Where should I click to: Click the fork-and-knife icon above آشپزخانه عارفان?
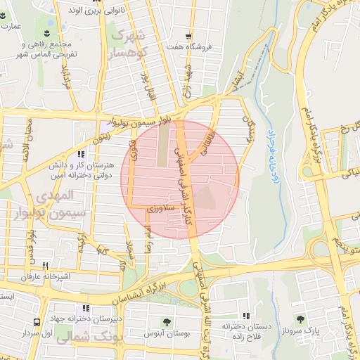(45, 266)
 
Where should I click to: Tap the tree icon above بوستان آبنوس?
(167, 322)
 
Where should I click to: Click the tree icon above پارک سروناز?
(302, 319)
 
